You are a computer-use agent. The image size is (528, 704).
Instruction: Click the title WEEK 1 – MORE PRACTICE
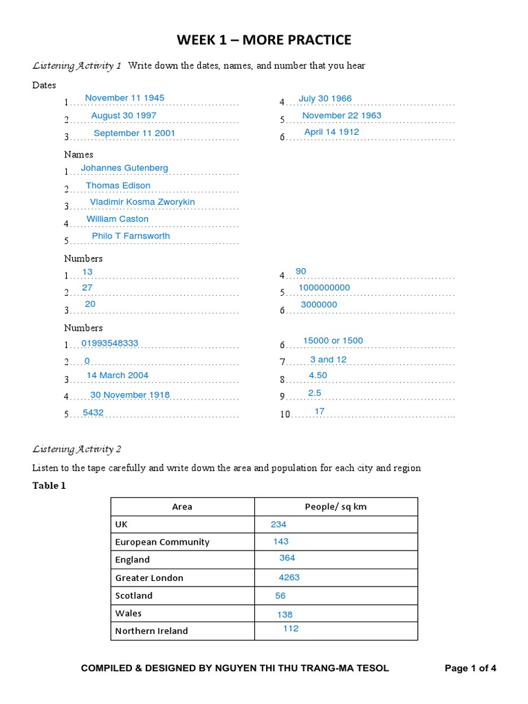click(264, 40)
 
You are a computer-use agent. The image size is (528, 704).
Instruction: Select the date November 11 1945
click(124, 98)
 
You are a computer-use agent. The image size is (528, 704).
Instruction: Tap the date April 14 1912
click(331, 132)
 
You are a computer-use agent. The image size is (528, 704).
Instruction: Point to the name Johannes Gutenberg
click(124, 168)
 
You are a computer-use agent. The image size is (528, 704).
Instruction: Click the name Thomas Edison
click(118, 186)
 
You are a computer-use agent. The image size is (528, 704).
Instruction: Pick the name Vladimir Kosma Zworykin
click(142, 202)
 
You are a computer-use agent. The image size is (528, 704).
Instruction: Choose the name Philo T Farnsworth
click(131, 236)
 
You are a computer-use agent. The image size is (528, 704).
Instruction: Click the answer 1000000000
click(324, 288)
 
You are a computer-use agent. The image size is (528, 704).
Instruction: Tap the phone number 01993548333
click(109, 343)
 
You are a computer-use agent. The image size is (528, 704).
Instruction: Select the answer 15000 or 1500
click(333, 341)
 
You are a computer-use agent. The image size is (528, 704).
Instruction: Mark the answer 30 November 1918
click(130, 395)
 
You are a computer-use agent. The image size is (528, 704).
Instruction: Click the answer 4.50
click(318, 375)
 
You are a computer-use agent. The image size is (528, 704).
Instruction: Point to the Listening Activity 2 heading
click(77, 449)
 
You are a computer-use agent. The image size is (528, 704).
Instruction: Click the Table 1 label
click(49, 485)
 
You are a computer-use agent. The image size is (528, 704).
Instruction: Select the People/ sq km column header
click(336, 507)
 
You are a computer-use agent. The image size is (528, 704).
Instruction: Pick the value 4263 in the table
click(289, 578)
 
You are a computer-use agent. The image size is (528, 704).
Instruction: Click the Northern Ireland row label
click(151, 631)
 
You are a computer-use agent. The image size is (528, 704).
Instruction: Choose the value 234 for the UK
click(278, 525)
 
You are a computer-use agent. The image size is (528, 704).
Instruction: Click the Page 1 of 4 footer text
click(470, 668)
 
